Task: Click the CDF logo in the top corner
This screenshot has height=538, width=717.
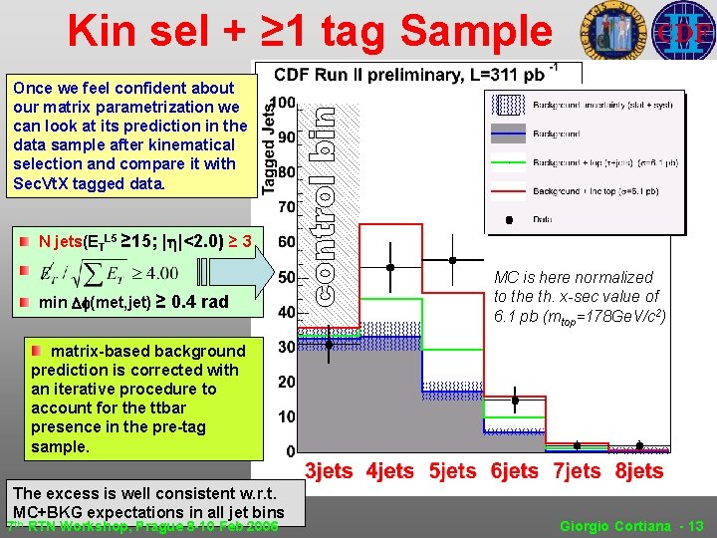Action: tap(683, 31)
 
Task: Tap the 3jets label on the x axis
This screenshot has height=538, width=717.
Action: tap(329, 471)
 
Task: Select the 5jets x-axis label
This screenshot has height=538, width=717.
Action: tap(453, 471)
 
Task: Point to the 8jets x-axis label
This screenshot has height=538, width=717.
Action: tap(638, 471)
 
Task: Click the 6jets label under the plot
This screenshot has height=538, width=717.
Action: tap(515, 471)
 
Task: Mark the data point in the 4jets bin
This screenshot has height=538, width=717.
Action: tap(391, 267)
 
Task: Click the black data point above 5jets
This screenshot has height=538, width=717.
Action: tap(453, 259)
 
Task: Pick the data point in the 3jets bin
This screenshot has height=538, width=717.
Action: tap(330, 345)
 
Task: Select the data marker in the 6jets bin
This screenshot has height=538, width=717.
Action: tap(515, 402)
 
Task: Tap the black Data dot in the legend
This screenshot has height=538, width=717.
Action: tap(509, 218)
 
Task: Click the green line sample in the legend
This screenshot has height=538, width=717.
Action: tap(509, 162)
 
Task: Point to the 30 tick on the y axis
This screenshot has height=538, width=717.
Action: tap(286, 347)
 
